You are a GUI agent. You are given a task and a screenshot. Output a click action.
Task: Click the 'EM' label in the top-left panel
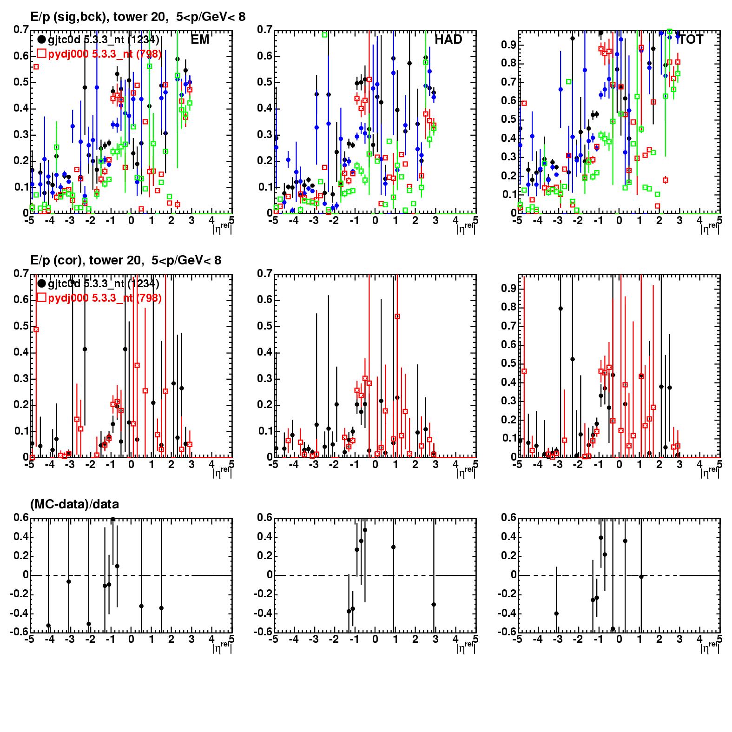tap(200, 40)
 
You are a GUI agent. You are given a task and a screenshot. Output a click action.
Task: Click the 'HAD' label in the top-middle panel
tap(448, 40)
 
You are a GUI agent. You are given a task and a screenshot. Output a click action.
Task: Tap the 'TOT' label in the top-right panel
tap(691, 40)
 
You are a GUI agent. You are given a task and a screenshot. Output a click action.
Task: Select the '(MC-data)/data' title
tap(74, 504)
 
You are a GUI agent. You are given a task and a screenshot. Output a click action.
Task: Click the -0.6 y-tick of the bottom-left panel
tap(20, 632)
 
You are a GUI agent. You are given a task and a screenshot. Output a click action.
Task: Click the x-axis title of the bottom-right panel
tap(710, 646)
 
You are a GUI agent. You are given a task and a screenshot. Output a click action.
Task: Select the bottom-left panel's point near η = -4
tap(48, 626)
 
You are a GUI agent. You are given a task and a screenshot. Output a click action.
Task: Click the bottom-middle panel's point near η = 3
tap(434, 605)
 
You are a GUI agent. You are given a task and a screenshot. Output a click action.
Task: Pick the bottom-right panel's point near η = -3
tap(556, 614)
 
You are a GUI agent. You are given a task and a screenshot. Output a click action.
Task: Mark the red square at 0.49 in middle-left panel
tap(36, 330)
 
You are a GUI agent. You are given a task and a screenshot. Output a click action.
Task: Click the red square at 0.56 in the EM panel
tap(36, 67)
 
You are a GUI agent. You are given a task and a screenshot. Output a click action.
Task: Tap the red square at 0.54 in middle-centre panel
tap(397, 317)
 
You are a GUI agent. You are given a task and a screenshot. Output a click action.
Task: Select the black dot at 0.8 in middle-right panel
tap(561, 309)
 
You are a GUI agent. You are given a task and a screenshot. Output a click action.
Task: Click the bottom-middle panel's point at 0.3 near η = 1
tap(393, 547)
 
